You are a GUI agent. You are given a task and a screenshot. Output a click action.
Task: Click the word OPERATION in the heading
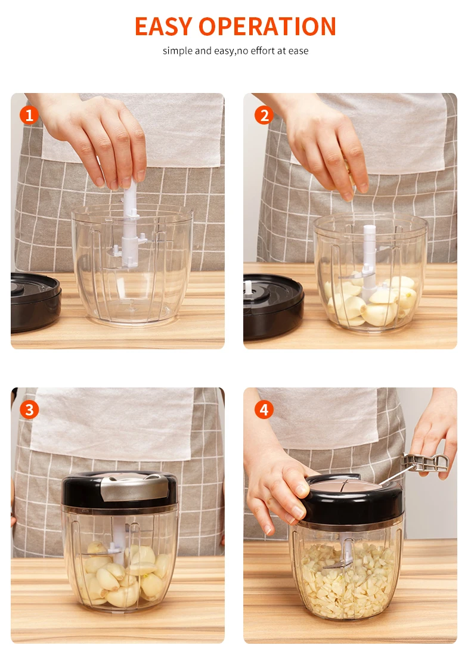267,26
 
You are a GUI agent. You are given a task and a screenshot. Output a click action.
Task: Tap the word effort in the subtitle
262,51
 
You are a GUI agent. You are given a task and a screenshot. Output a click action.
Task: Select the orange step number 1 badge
29,115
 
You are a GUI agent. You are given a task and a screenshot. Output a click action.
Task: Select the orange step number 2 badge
264,115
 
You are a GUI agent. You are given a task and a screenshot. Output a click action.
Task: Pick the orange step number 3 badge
29,410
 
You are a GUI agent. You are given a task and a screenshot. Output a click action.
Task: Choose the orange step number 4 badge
264,410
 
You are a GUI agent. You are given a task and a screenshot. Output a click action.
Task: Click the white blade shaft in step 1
129,227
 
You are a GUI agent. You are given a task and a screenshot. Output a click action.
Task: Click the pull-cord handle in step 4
425,464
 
